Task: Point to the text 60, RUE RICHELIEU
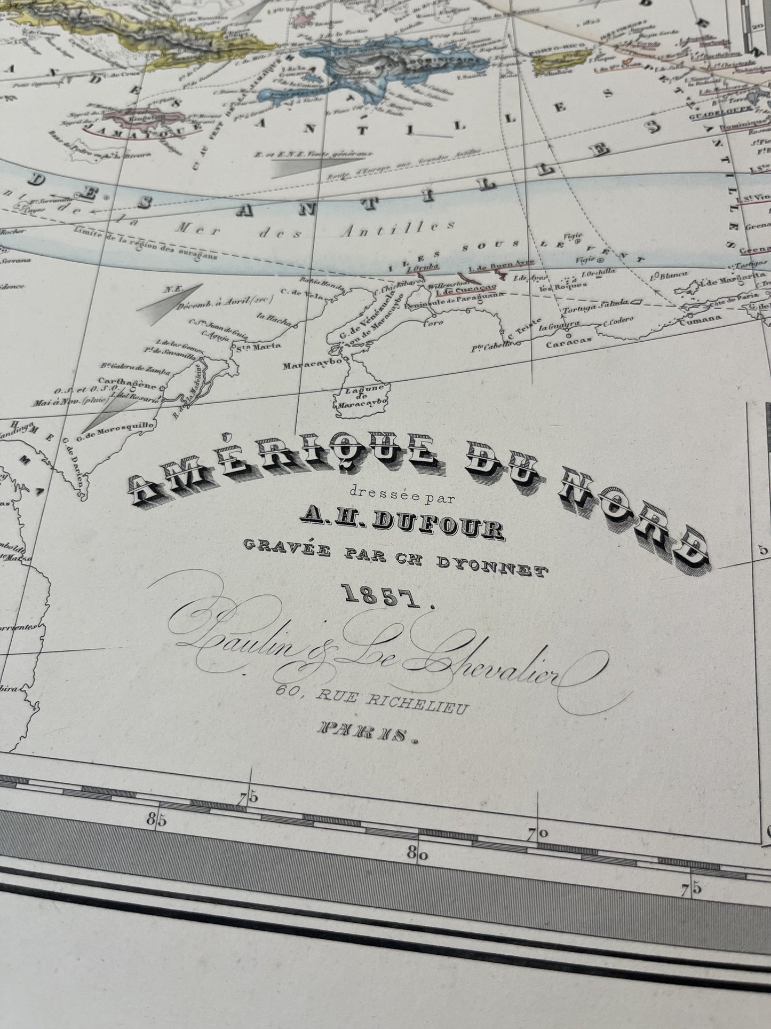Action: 372,701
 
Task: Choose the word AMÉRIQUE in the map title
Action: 283,459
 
